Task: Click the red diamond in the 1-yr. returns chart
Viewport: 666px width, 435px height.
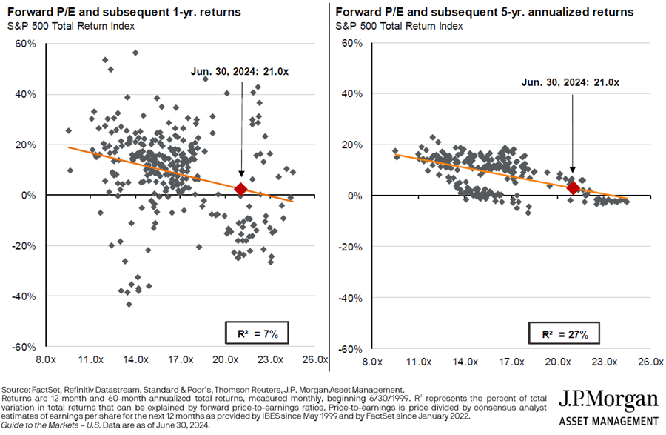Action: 240,189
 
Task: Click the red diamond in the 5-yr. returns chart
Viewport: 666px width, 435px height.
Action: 573,187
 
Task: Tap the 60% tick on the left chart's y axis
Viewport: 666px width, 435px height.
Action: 25,44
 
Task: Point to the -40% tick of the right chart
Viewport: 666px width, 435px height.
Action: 349,297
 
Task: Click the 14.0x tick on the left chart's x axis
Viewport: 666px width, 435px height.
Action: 135,359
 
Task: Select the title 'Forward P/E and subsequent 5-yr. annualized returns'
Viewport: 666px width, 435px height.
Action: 484,13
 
